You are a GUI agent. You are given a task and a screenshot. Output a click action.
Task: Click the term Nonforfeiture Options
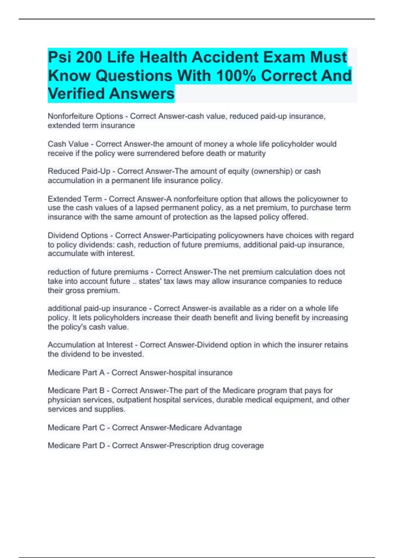[85, 116]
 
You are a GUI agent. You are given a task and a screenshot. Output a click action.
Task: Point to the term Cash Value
[68, 144]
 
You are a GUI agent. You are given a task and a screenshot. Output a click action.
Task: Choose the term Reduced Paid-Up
[79, 171]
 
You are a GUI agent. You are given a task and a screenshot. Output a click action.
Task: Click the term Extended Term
[75, 199]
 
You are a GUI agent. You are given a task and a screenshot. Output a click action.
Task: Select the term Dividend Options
[78, 235]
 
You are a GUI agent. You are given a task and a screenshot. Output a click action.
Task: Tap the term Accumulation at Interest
[90, 345]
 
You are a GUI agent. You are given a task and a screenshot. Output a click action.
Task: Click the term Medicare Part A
[76, 373]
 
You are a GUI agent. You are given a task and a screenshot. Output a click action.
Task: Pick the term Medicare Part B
[76, 391]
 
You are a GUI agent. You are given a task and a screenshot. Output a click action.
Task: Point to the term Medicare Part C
[76, 428]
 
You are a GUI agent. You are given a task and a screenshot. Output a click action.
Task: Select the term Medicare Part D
[76, 445]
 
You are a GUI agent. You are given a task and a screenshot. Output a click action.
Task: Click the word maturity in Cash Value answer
[252, 153]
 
